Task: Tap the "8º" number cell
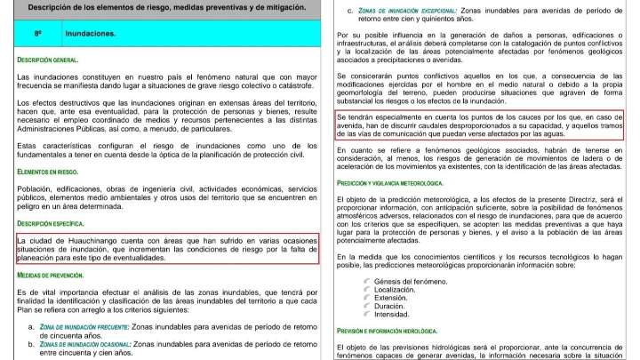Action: (38, 33)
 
